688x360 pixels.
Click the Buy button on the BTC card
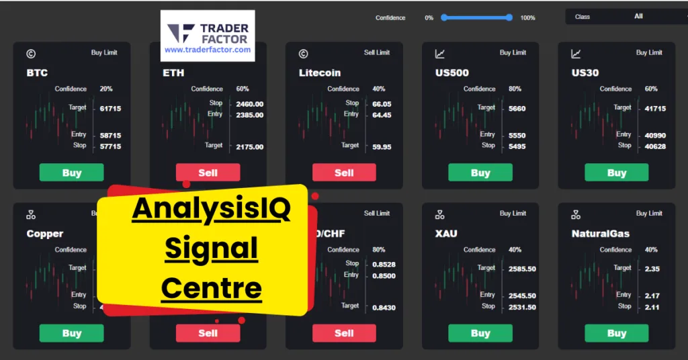71,173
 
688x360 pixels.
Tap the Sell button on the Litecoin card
344,173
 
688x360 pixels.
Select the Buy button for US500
480,173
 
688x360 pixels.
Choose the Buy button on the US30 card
617,173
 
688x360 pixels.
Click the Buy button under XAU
480,333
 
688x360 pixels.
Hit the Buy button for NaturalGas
617,333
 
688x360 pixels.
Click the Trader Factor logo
208,36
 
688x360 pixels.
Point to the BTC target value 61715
110,108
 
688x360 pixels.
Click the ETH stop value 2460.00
250,104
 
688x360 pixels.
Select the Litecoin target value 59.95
382,146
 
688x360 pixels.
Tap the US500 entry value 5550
517,136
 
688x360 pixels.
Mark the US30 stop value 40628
655,146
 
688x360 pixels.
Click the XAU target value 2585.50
522,269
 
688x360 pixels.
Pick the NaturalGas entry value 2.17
652,296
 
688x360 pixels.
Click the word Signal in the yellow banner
212,249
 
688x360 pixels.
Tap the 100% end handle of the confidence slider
509,17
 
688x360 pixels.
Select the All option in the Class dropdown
638,16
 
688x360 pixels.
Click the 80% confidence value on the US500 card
515,89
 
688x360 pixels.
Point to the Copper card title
45,234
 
